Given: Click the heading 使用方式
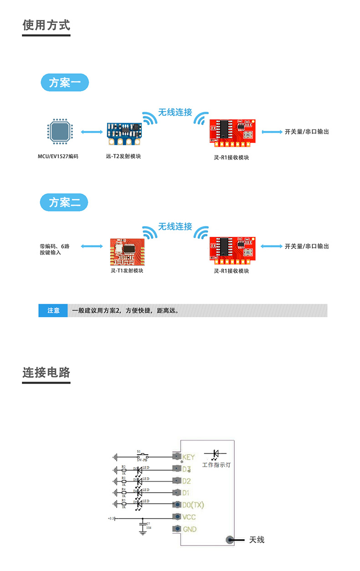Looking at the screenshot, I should point(46,25).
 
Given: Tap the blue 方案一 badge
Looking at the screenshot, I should point(64,83).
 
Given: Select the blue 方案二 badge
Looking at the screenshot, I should point(64,202).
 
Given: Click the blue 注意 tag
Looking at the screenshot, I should point(53,311).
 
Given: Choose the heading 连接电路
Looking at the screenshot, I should point(46,373).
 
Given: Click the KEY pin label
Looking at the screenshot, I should point(188,457).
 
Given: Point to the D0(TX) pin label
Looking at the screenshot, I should point(193,505).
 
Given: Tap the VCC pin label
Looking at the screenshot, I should point(189,517).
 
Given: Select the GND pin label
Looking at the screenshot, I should point(189,529).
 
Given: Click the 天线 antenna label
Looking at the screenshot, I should point(257,540).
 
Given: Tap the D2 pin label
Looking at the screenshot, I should point(186,481).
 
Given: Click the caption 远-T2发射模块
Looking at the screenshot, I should point(123,156).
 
